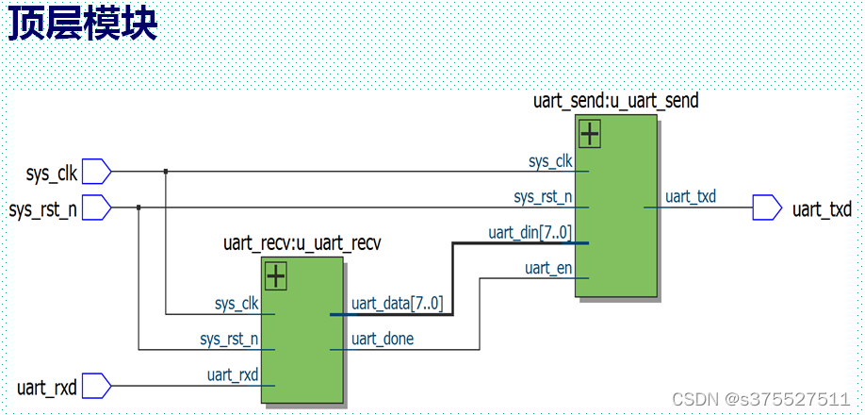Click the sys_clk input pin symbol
(x=97, y=172)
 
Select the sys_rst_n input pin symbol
(x=97, y=207)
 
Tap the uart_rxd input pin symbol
(x=97, y=386)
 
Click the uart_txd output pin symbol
(x=767, y=207)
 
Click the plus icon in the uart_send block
(x=590, y=135)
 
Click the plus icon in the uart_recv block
(x=275, y=276)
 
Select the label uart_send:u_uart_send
(x=616, y=99)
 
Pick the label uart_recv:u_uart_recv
(x=302, y=242)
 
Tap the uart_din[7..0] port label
(x=530, y=232)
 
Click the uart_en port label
(x=548, y=269)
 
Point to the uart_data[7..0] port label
(x=397, y=304)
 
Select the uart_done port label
(x=382, y=339)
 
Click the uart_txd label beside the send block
(x=691, y=197)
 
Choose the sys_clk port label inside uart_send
(x=550, y=161)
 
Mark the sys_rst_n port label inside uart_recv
(x=229, y=339)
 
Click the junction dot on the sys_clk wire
(x=166, y=172)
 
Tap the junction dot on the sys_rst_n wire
(x=139, y=207)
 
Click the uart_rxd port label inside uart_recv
(x=233, y=375)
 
